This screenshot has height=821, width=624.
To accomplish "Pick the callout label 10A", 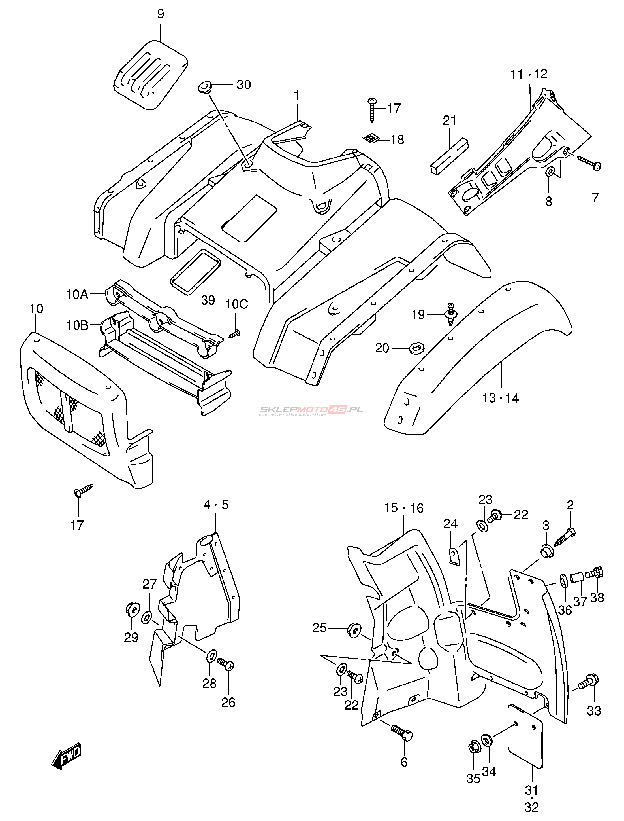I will (x=77, y=295).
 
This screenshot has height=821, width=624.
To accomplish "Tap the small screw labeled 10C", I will (x=235, y=333).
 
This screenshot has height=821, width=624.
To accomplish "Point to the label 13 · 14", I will (x=500, y=398).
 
